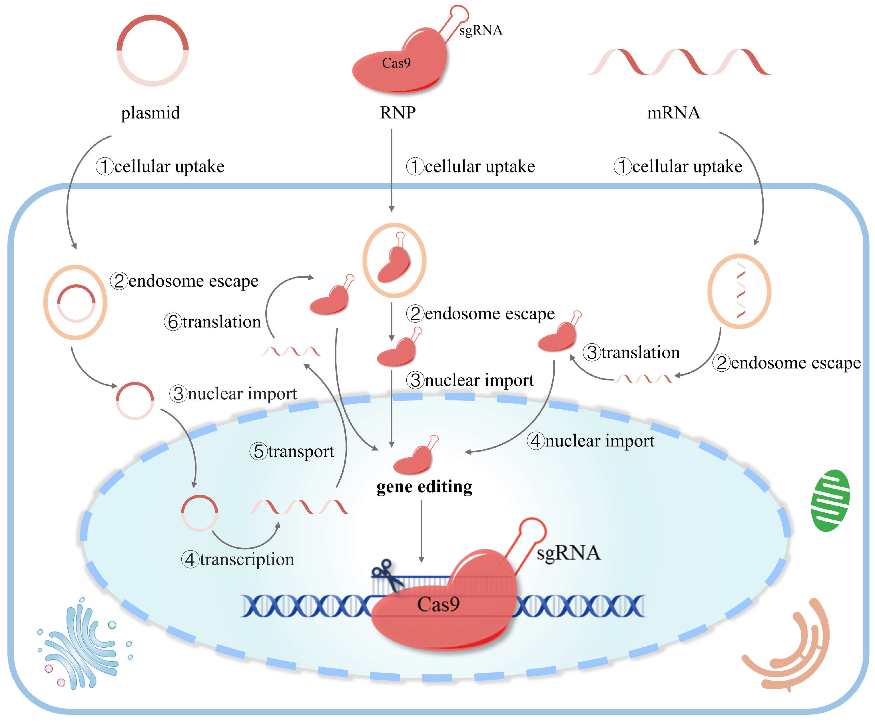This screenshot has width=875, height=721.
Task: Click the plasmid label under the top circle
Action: click(150, 112)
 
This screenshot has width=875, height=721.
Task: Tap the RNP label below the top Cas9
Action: click(398, 112)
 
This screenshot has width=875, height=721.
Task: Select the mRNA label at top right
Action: click(673, 112)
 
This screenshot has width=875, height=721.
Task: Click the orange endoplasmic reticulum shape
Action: click(789, 648)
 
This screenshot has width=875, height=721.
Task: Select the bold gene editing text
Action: click(424, 486)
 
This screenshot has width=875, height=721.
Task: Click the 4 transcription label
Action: click(238, 559)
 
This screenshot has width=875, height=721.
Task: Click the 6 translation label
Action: click(213, 322)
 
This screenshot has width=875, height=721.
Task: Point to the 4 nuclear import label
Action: click(591, 441)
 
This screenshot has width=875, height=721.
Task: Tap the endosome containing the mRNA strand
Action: click(739, 291)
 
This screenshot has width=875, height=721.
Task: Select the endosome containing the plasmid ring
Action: click(75, 302)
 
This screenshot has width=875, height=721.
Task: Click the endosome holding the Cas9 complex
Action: click(394, 260)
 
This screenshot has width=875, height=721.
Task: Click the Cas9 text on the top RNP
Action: click(396, 63)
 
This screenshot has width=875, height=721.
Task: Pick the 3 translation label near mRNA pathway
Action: click(631, 352)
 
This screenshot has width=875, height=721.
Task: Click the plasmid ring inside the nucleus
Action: click(199, 513)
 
